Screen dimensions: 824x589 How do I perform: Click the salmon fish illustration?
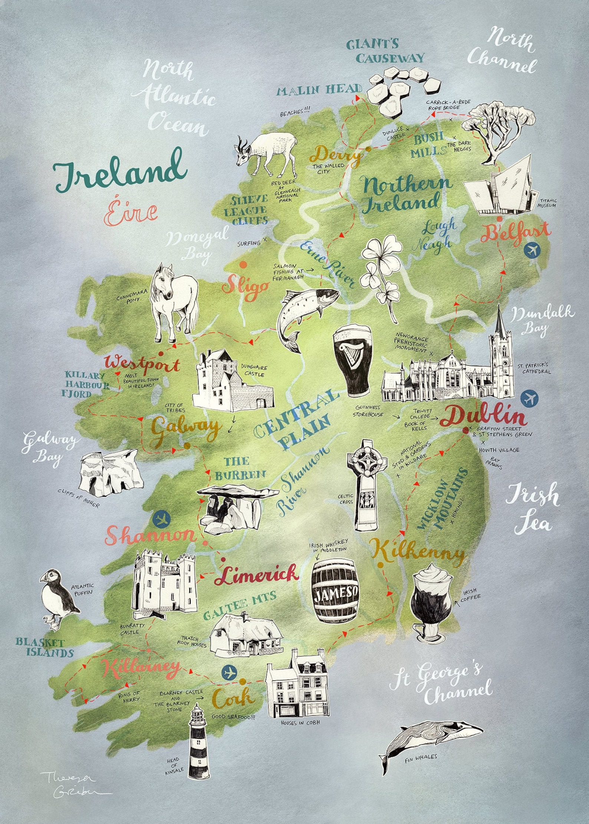click(304, 311)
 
